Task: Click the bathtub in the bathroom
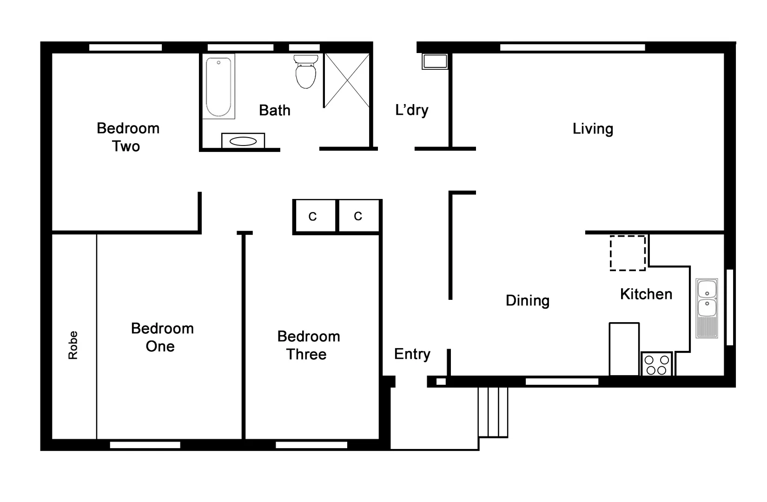(218, 86)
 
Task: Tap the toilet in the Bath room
(305, 73)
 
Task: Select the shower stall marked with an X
(347, 80)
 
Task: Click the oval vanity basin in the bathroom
(243, 141)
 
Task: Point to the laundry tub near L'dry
(435, 61)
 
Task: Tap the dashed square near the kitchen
(628, 253)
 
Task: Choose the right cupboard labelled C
(358, 216)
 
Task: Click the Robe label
(73, 345)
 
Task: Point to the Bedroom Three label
(308, 345)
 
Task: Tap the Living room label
(593, 129)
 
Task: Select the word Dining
(528, 301)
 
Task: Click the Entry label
(412, 354)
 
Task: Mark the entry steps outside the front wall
(493, 412)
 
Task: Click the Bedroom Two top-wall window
(126, 47)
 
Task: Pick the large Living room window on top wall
(572, 47)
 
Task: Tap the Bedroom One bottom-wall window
(145, 445)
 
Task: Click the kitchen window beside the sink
(729, 307)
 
